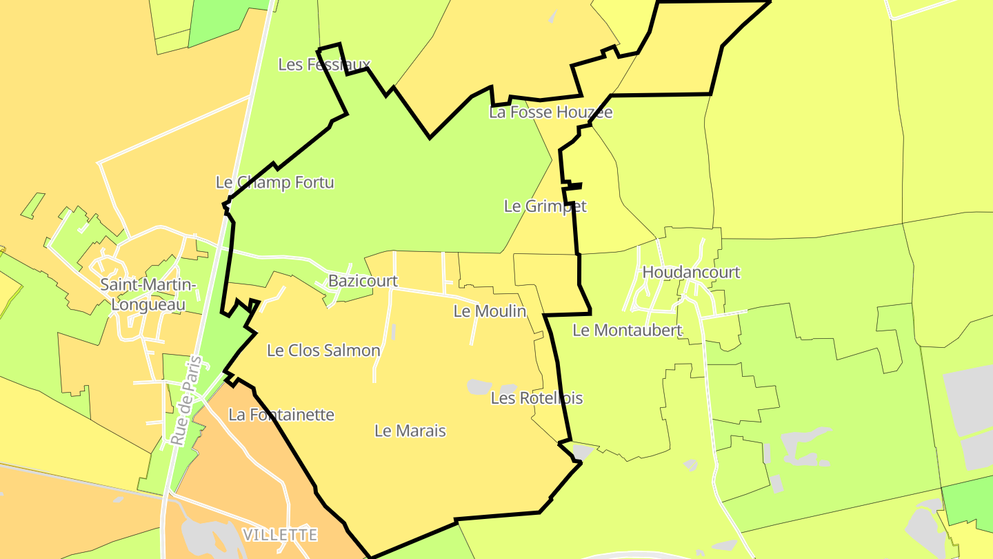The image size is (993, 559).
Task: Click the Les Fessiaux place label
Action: (x=324, y=64)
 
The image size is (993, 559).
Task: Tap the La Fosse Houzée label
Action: (x=550, y=112)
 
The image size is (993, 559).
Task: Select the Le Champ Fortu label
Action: (x=274, y=182)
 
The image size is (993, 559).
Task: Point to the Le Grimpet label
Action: (x=545, y=206)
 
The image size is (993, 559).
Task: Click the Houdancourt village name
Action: (x=690, y=272)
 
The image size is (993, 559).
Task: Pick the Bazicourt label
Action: (x=363, y=281)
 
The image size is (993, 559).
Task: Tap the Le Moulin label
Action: (x=489, y=311)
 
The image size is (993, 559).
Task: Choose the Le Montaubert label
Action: (x=627, y=331)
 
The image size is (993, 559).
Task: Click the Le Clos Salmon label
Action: (x=323, y=351)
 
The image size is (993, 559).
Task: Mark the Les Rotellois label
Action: (x=536, y=398)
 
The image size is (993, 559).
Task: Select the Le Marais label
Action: (x=410, y=431)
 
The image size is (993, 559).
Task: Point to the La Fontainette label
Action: (x=281, y=415)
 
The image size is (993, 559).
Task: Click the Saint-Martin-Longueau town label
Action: (x=148, y=294)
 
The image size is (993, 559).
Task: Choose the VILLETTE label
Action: (x=280, y=534)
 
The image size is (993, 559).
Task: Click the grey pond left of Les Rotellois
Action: (x=479, y=386)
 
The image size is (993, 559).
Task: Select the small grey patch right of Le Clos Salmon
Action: (x=393, y=332)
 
